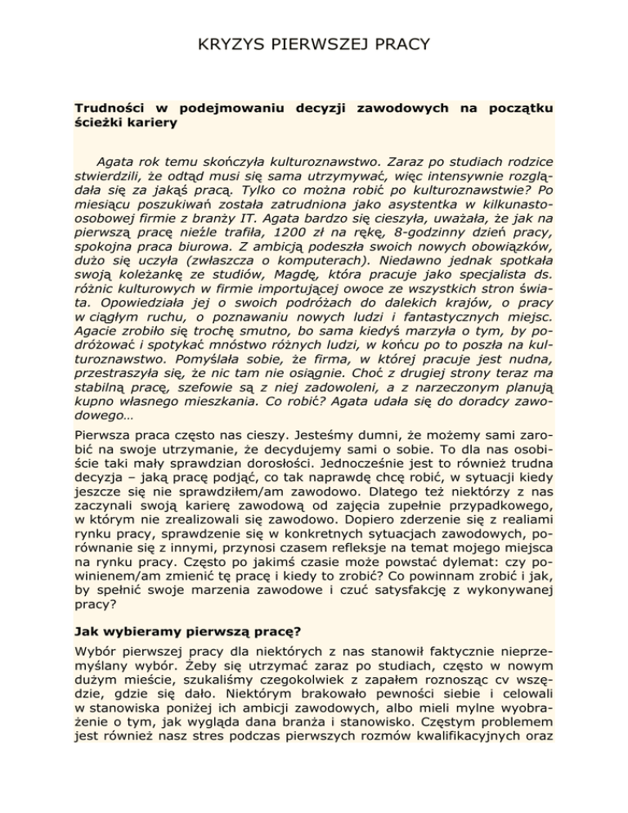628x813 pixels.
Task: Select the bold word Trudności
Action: pyautogui.click(x=107, y=107)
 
